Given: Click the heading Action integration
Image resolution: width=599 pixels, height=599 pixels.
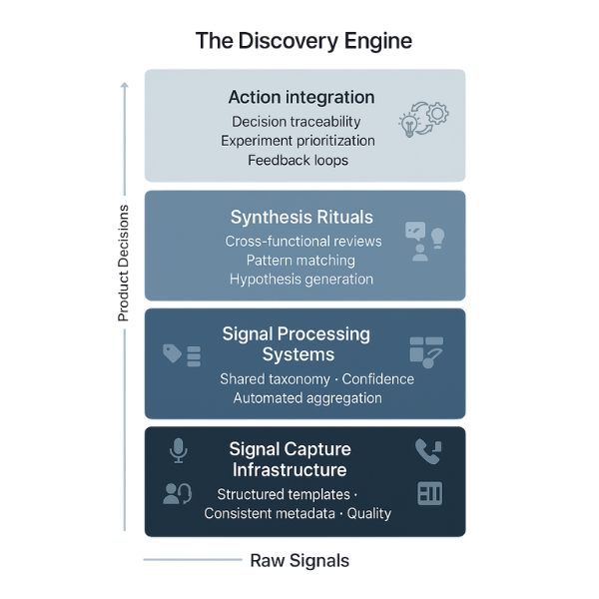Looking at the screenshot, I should point(301,97).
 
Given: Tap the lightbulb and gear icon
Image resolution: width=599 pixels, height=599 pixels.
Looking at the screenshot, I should point(423,121).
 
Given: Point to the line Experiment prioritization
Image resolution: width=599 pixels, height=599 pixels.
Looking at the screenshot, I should point(298,141).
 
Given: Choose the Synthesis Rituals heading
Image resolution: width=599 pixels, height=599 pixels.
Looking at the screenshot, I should point(301,217).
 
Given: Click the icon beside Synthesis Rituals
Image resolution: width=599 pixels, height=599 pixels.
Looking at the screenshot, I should point(423,241).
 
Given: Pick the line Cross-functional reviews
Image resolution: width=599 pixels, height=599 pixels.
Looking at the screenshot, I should point(303,241).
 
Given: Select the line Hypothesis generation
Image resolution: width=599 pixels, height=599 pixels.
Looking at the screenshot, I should point(301,279).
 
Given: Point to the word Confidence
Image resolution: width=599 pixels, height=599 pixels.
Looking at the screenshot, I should point(375,379).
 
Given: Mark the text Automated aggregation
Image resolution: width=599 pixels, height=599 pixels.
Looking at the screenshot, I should point(307,397).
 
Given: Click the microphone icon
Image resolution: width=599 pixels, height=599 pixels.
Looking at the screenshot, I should point(178,451).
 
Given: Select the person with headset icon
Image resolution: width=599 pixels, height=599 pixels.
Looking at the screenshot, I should point(177,493).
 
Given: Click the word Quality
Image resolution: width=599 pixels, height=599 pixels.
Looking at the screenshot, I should point(368,513).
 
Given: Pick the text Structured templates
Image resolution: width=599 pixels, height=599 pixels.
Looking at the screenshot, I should point(284,494).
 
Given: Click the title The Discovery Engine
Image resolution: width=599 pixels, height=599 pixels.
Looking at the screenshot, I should point(302,41).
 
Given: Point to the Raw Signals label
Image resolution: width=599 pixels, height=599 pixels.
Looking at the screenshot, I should point(299,560).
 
